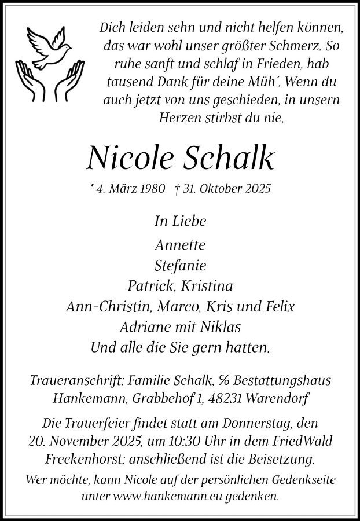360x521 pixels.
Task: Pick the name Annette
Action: (180, 245)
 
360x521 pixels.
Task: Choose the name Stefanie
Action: (180, 266)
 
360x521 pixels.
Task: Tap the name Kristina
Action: (207, 287)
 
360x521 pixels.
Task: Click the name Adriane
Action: (148, 327)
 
